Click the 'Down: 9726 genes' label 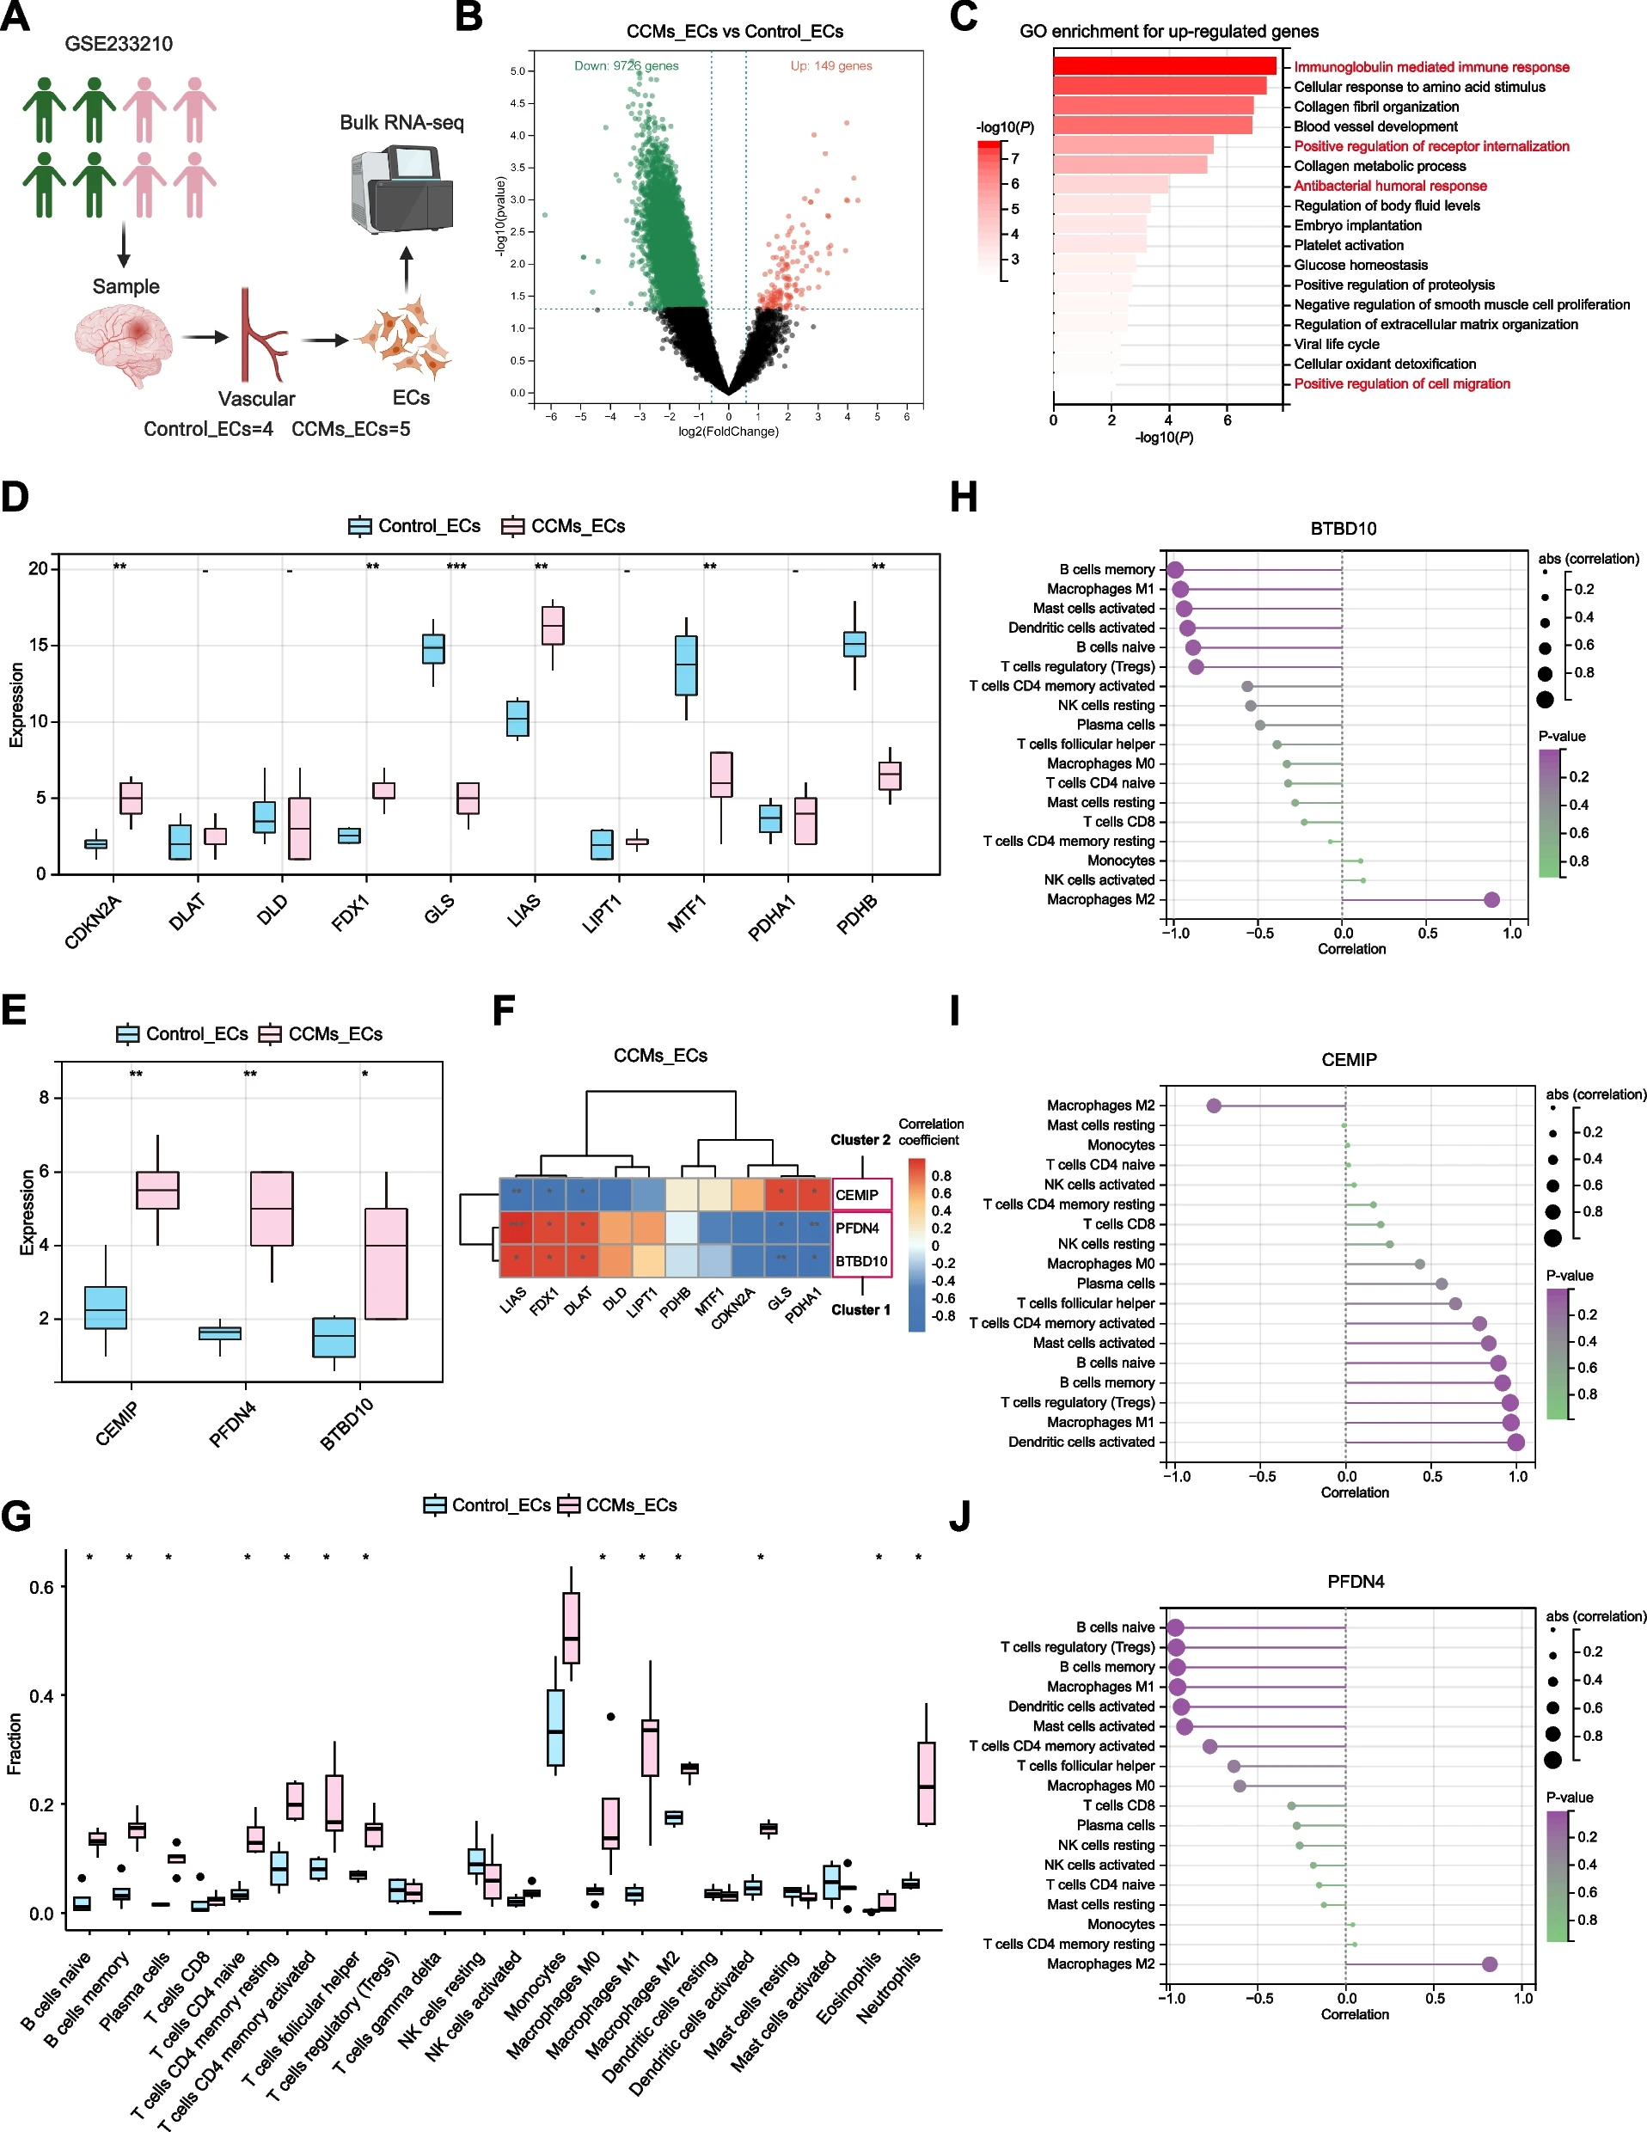pyautogui.click(x=626, y=65)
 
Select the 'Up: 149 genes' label pyautogui.click(x=831, y=65)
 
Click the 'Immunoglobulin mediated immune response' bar pyautogui.click(x=1164, y=66)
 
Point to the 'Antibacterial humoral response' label pyautogui.click(x=1390, y=186)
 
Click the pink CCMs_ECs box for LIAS pyautogui.click(x=553, y=625)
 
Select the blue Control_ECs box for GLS pyautogui.click(x=433, y=648)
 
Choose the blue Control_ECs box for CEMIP pyautogui.click(x=106, y=1307)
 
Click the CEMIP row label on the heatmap pyautogui.click(x=857, y=1195)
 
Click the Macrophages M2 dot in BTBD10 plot pyautogui.click(x=1491, y=899)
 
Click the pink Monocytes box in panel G pyautogui.click(x=571, y=1627)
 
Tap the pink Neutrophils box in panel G pyautogui.click(x=927, y=1782)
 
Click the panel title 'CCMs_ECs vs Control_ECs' pyautogui.click(x=734, y=31)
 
